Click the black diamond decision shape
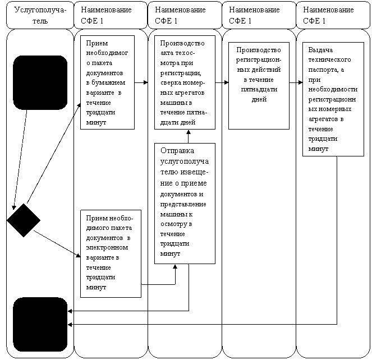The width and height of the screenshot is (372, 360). pos(24,220)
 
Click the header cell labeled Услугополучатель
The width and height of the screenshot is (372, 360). pos(40,15)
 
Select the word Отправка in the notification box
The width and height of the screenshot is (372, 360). pos(177,151)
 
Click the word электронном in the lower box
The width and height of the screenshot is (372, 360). pos(107,248)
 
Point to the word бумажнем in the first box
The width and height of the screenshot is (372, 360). pos(108,82)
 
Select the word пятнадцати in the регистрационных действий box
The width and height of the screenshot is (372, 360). pos(259,89)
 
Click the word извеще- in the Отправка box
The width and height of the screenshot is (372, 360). pos(195,172)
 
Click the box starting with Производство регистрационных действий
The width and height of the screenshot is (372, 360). pos(259,86)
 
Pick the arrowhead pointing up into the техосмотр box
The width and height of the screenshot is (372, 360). pos(189,132)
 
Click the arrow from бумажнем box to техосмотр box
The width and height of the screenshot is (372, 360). pos(141,82)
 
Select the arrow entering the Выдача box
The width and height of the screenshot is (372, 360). pos(296,82)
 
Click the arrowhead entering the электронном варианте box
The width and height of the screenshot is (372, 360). pos(78,255)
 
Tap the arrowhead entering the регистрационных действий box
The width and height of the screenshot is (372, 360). pos(226,82)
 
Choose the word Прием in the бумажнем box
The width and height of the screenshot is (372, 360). pos(97,43)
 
